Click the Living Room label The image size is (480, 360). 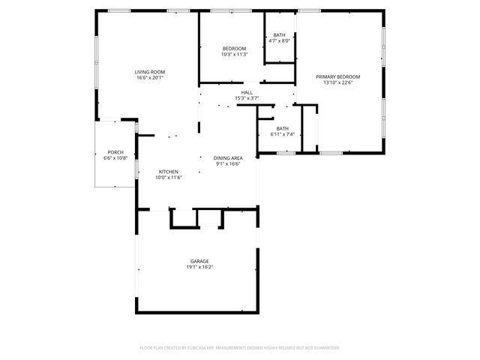150,72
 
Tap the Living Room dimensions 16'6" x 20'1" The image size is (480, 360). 150,78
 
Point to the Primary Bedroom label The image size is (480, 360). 337,77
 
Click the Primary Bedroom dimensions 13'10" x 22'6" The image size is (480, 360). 337,83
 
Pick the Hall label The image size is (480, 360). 247,92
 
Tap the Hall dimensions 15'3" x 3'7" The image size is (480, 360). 247,98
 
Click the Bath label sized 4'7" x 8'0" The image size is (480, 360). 279,35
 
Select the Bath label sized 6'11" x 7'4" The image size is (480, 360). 282,128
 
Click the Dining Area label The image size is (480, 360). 227,157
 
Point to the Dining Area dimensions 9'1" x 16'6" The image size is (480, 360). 227,163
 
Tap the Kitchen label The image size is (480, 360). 168,172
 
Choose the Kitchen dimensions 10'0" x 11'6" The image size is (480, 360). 168,178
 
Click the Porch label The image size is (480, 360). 115,152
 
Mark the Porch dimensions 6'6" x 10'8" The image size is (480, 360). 115,158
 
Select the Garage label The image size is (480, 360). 199,261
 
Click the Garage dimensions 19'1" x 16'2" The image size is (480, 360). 199,267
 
